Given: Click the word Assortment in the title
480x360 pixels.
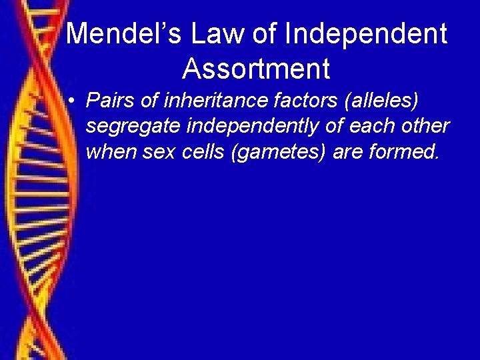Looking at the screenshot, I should coord(256,69).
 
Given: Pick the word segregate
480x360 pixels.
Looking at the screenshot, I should coord(127,127).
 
